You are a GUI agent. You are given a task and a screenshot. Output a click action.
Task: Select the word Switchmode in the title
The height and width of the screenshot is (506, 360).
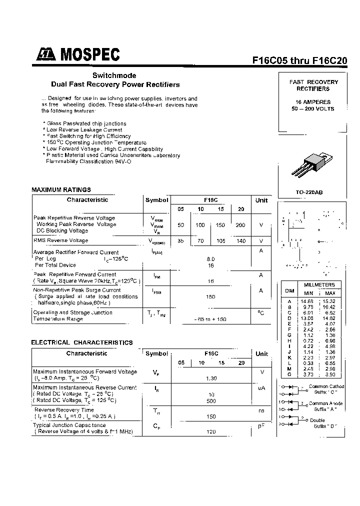(114, 75)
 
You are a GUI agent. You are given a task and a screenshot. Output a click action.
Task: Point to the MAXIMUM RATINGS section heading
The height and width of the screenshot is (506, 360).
(61, 190)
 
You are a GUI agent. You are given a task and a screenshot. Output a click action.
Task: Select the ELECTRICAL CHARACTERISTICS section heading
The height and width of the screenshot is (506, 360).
(82, 342)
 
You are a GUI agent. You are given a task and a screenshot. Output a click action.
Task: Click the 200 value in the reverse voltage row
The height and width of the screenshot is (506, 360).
(240, 225)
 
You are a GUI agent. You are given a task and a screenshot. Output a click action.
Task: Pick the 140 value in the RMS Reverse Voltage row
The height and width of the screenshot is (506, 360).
(241, 241)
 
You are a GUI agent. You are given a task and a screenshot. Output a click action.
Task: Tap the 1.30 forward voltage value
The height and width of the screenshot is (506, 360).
(211, 378)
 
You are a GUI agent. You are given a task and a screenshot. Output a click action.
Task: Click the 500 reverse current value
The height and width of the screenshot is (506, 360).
(211, 401)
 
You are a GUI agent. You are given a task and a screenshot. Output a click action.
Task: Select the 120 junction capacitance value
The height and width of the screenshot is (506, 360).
(211, 431)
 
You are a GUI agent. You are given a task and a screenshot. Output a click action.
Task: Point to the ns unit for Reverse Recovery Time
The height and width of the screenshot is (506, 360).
(261, 409)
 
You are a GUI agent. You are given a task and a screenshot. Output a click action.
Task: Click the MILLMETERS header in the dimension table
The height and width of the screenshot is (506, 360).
(319, 284)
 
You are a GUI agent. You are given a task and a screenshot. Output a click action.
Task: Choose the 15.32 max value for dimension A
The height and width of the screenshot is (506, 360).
(329, 301)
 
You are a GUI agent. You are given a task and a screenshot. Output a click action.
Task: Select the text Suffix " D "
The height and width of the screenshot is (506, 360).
(325, 426)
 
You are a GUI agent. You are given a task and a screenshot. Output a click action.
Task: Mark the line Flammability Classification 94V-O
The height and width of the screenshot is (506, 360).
(88, 161)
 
